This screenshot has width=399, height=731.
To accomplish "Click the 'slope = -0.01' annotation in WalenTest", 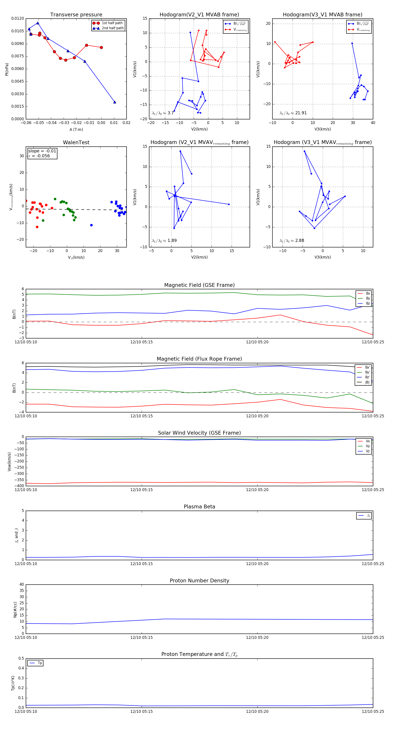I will point(42,151).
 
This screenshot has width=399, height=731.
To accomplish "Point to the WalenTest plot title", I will point(76,142).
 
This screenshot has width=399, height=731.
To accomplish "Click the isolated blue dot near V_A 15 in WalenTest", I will point(92,225).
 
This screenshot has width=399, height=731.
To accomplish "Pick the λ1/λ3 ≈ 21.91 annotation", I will point(293,113).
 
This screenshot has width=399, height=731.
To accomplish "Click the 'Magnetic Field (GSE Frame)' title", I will point(199,285).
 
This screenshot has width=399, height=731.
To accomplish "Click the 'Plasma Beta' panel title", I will point(199,507).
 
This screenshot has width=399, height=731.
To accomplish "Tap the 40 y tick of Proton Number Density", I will point(22,585).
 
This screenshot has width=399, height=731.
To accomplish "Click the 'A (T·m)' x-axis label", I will point(76,130).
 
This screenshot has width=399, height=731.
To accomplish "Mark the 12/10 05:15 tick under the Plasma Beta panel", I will point(141,564).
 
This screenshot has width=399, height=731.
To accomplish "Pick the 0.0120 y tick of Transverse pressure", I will point(18,18).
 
